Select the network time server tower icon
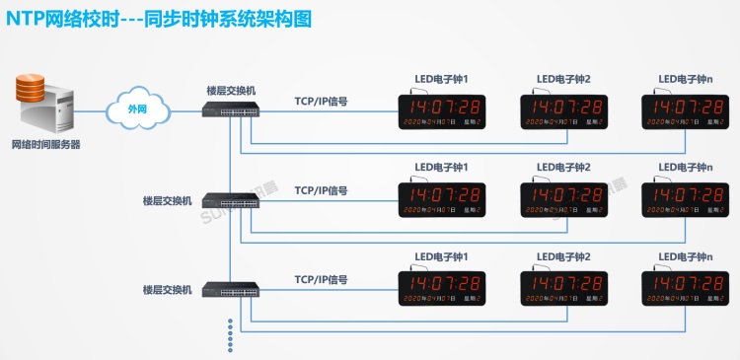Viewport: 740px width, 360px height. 49,107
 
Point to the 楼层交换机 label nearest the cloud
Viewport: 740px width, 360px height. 231,90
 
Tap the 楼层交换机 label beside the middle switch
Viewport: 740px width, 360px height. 167,201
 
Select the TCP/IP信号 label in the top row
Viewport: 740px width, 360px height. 321,101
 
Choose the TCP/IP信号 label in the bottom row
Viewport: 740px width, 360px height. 321,279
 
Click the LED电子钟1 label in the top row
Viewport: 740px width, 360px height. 441,79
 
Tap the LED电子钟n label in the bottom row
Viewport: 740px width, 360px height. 683,256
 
